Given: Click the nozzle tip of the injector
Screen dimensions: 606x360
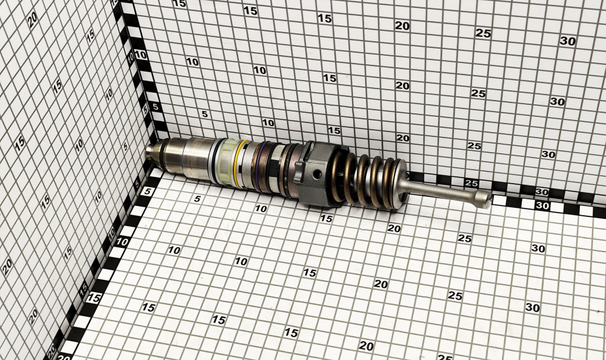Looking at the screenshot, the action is tap(151, 152).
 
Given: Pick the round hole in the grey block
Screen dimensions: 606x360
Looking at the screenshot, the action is tap(318, 174).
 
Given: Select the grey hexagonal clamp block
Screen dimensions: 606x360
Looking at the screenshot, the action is tap(314, 173).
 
